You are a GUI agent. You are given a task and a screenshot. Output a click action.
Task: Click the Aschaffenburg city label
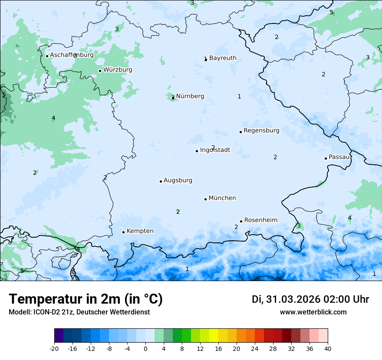tap(72, 55)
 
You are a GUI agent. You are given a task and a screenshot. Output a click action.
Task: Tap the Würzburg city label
tap(118, 70)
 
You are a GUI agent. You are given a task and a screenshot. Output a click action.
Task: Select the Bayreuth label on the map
tap(223, 58)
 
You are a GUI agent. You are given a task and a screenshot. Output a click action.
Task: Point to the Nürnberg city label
tap(190, 96)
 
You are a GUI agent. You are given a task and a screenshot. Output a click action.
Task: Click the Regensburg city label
tap(261, 131)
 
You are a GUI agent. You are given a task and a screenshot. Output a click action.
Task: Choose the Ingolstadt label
tap(215, 150)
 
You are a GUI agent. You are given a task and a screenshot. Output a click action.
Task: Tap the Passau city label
tap(339, 157)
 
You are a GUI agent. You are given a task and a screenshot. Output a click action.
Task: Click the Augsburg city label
tap(178, 180)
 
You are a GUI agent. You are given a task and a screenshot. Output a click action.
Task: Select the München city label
tap(222, 198)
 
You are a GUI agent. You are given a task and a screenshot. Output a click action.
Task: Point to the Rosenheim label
tap(260, 220)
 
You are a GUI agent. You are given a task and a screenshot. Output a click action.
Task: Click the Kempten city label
tap(140, 231)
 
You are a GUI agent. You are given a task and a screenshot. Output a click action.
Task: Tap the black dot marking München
tap(205, 199)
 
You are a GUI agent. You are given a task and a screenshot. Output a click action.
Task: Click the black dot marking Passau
tap(326, 158)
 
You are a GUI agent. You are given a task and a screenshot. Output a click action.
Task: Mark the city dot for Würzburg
tap(100, 71)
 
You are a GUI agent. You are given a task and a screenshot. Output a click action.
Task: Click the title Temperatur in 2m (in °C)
tap(86, 299)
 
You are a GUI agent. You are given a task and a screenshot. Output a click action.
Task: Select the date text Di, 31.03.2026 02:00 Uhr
tap(310, 299)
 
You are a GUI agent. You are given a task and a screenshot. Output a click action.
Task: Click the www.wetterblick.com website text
tap(313, 312)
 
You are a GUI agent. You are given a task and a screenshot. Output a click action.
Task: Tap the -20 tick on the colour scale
tap(54, 348)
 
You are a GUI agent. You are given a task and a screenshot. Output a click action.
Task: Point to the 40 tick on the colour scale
tap(328, 348)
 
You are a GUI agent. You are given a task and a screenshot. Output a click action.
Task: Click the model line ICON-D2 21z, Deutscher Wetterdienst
tap(79, 312)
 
